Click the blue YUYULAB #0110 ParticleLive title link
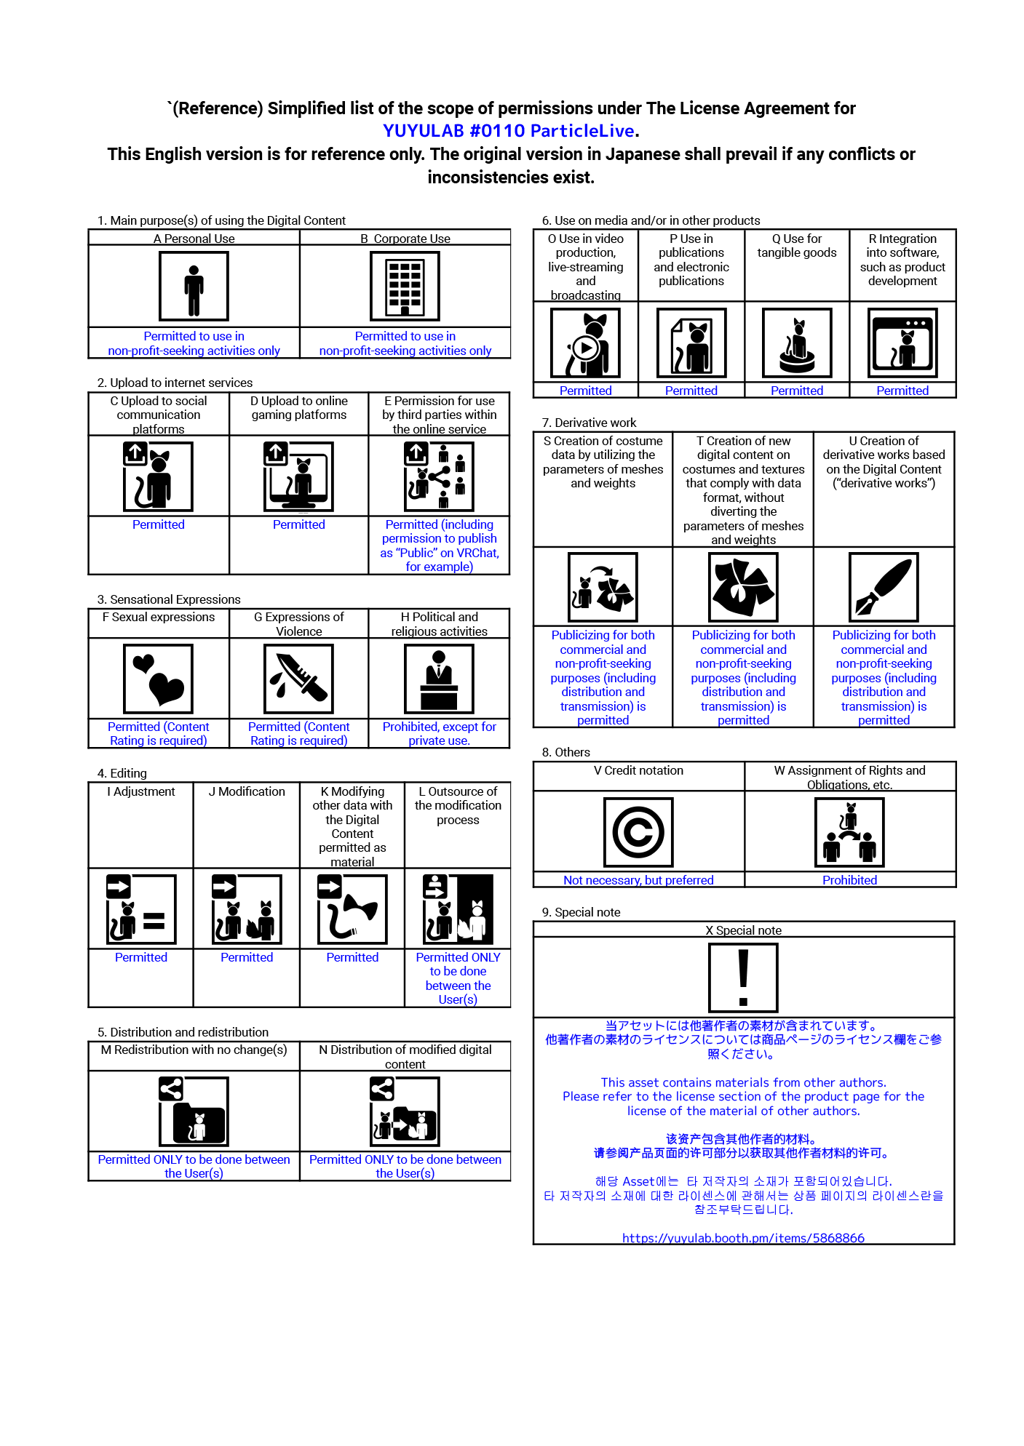(509, 131)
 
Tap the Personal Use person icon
(194, 287)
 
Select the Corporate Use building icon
(405, 287)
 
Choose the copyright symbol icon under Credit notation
(638, 832)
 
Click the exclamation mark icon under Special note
(743, 978)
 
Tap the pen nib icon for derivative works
(884, 587)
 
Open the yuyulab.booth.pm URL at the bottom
(743, 1238)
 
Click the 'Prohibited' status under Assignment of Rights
(849, 880)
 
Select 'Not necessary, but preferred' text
(638, 880)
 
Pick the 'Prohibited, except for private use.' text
(440, 733)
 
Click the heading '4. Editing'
(122, 773)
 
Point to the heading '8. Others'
(565, 752)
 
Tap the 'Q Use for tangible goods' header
(797, 246)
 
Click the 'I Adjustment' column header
(141, 791)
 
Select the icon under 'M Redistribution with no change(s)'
(194, 1111)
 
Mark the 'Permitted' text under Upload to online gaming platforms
(299, 524)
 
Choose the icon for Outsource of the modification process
(458, 909)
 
